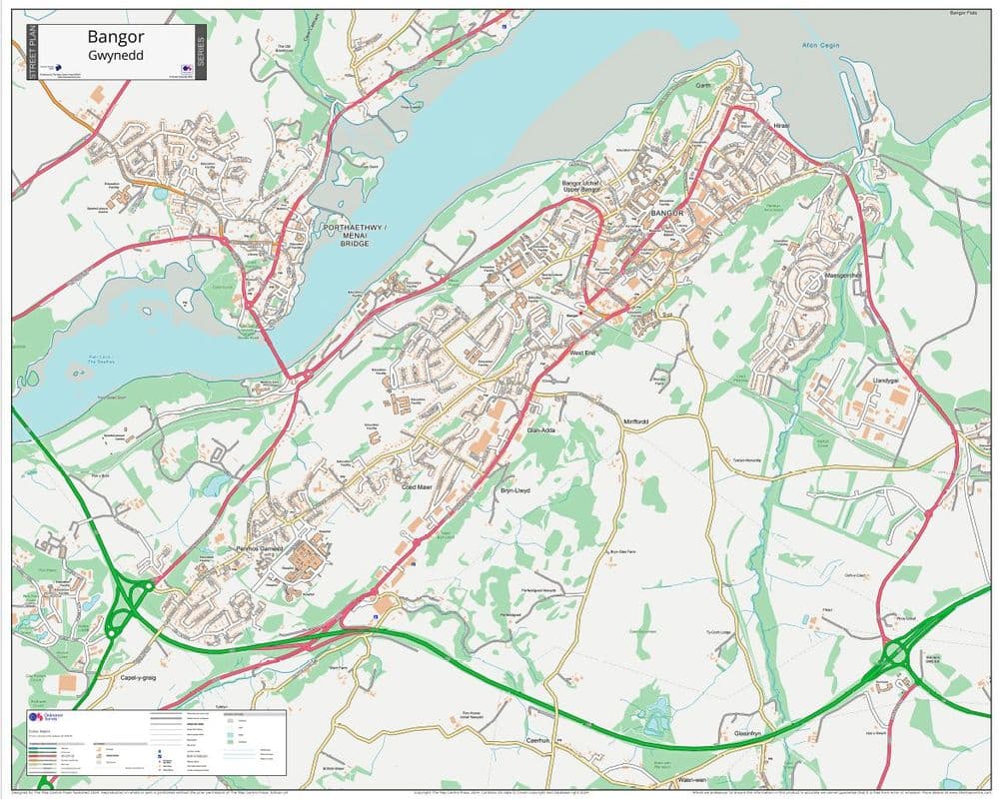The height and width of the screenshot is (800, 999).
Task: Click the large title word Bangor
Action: tap(116, 37)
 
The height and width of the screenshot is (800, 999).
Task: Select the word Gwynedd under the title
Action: tap(116, 55)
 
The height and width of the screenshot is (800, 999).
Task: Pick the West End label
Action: tap(582, 353)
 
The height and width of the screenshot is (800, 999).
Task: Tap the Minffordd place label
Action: tap(635, 421)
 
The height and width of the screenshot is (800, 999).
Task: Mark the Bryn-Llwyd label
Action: tap(514, 492)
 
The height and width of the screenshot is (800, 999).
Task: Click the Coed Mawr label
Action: tap(417, 487)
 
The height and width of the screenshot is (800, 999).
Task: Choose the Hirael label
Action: tap(780, 126)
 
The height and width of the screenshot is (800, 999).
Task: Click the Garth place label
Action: tap(704, 86)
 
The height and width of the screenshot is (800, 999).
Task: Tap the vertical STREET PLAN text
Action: tap(31, 50)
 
